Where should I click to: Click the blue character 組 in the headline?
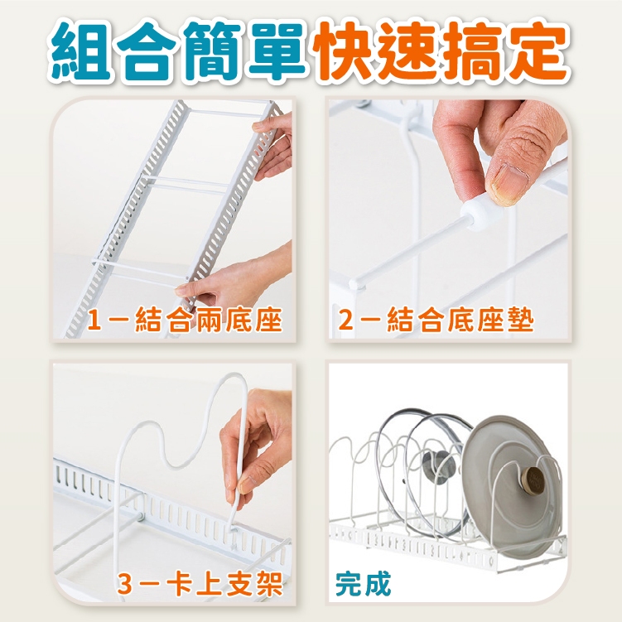(81, 52)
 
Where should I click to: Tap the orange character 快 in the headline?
(343, 51)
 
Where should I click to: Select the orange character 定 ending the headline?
(538, 51)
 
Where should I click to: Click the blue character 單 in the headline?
(278, 51)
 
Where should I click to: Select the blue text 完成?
(363, 584)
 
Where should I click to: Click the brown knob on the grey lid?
(533, 480)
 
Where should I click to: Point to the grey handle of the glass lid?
(440, 465)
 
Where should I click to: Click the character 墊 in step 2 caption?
(520, 320)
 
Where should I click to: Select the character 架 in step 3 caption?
(270, 584)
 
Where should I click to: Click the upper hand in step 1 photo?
(274, 147)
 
